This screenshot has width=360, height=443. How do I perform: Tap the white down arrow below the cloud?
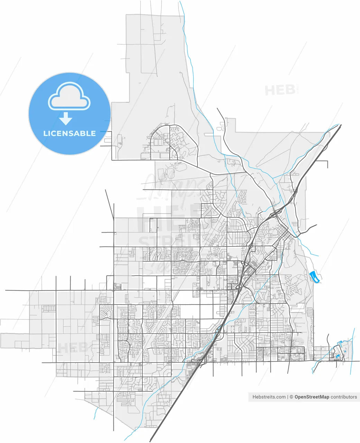[x=65, y=119]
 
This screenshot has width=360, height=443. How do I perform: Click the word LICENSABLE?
[x=69, y=134]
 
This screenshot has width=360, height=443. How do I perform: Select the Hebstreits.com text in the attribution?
[x=269, y=397]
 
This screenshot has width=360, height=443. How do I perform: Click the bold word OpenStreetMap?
[x=312, y=397]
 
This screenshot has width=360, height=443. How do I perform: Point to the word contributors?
[x=344, y=397]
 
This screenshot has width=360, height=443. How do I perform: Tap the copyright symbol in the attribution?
[x=292, y=397]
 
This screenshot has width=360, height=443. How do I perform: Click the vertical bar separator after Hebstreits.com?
[x=288, y=397]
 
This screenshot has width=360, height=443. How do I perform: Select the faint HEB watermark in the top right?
[x=280, y=90]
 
